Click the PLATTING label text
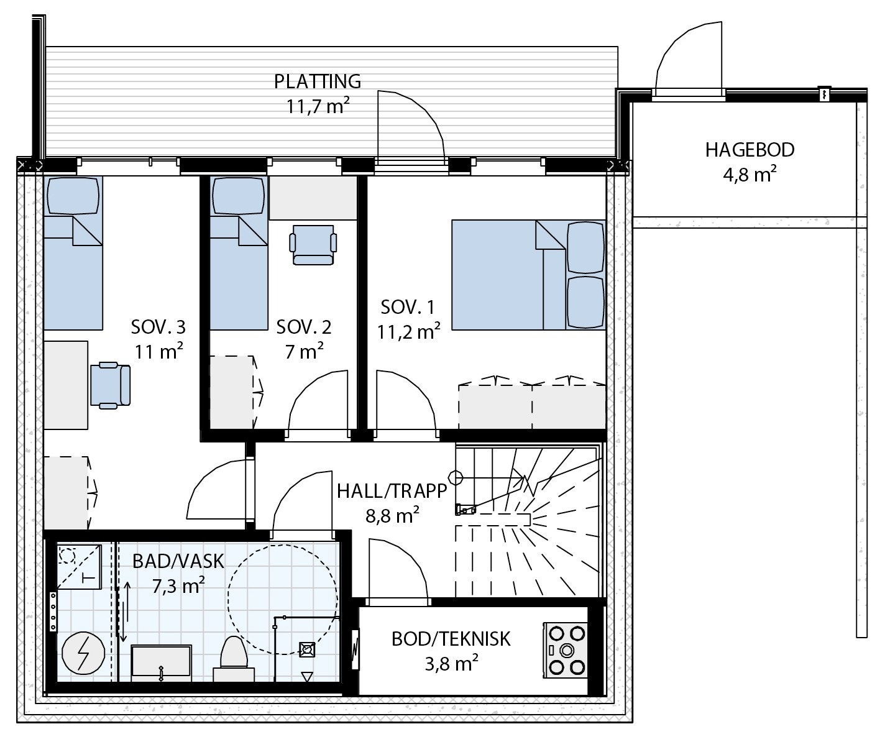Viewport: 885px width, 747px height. click(x=318, y=81)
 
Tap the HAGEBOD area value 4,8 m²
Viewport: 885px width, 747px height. click(x=750, y=175)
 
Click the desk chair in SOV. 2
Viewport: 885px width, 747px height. click(x=314, y=244)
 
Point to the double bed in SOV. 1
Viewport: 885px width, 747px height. click(x=527, y=275)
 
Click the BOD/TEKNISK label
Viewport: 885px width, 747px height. click(x=451, y=638)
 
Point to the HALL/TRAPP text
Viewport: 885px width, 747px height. click(x=392, y=491)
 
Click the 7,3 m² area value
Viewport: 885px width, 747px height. click(x=178, y=585)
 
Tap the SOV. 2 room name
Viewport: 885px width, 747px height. click(x=304, y=327)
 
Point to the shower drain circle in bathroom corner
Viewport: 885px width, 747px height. click(x=67, y=554)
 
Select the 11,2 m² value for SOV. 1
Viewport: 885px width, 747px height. click(x=408, y=332)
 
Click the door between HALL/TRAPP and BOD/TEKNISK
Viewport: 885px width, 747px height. click(x=398, y=569)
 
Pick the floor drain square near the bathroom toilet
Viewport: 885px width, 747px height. click(x=306, y=650)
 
